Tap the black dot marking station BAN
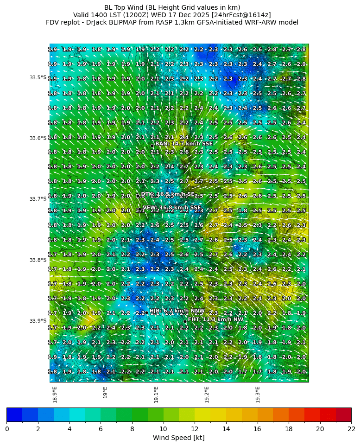tap(152, 146)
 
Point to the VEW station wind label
tap(172, 208)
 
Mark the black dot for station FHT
tap(185, 321)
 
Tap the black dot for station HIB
tap(146, 312)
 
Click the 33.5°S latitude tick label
tap(38, 77)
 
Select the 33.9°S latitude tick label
tap(38, 321)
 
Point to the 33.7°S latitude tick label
tap(38, 199)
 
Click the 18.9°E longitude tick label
tap(55, 395)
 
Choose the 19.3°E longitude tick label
tap(258, 395)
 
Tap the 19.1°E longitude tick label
tap(156, 395)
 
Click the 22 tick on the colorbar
tap(351, 429)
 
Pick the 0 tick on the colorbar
tap(7, 429)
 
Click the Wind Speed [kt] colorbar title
tap(179, 438)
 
